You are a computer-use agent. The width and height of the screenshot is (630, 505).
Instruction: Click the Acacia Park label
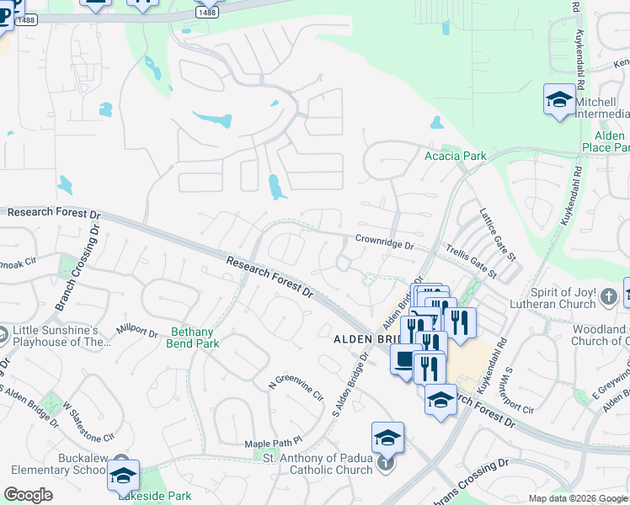click(x=456, y=156)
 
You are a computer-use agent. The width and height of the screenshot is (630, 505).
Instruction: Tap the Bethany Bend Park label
click(x=195, y=338)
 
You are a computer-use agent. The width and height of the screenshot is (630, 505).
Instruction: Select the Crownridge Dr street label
click(x=384, y=242)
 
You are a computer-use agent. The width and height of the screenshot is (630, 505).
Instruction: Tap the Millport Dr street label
click(x=137, y=327)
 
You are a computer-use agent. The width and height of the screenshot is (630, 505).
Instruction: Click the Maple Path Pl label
click(x=273, y=444)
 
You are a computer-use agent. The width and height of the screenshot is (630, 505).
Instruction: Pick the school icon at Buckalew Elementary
click(x=123, y=477)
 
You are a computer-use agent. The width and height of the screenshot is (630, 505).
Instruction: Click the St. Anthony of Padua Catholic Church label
click(x=318, y=464)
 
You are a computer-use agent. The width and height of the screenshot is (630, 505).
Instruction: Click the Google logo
click(x=28, y=495)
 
